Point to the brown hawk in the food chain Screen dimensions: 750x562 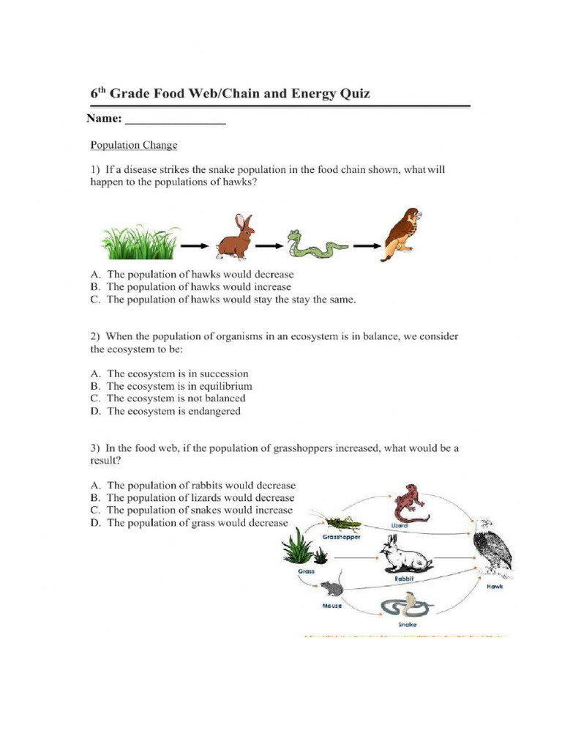(x=401, y=234)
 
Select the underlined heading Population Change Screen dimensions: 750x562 (x=133, y=145)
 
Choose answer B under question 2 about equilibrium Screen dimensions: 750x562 (x=179, y=386)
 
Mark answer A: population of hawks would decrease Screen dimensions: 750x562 (x=192, y=275)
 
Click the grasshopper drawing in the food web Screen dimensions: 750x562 (x=342, y=523)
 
